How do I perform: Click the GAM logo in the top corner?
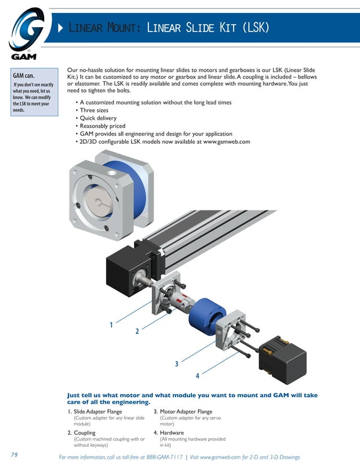(27, 33)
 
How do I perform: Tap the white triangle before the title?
(61, 28)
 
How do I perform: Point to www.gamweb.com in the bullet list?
(226, 142)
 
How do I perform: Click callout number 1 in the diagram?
(111, 325)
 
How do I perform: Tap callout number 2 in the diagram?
(137, 332)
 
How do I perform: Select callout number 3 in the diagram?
(177, 364)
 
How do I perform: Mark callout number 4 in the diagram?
(197, 376)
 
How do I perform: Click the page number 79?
(15, 454)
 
